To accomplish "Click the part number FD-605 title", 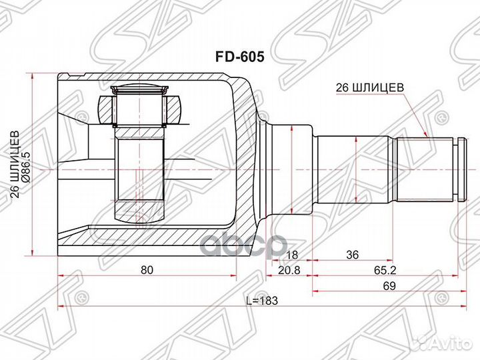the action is coord(239,57).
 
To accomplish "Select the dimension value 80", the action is coord(147,270).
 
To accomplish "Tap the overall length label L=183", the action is coord(262,301).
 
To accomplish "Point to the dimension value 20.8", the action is coord(289,270).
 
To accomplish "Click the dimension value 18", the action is coord(291,255).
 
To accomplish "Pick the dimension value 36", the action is coord(352,255).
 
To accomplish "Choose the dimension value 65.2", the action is coord(385,270).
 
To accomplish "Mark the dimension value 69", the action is coord(389,285).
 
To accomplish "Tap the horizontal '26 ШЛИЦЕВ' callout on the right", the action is coord(370,88).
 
